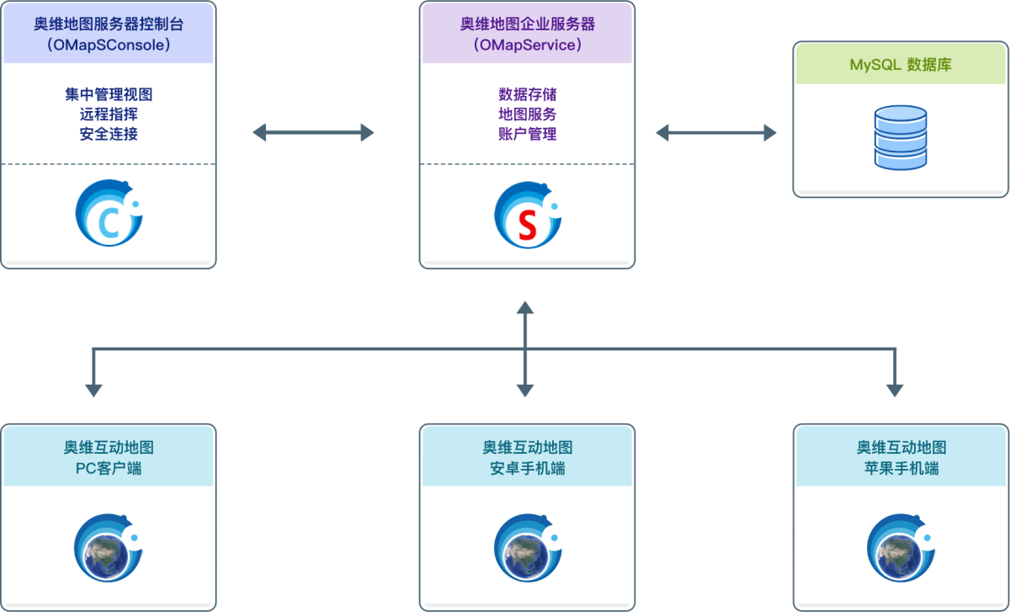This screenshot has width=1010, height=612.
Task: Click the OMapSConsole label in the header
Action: click(x=108, y=45)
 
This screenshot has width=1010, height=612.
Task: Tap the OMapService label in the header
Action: click(x=527, y=45)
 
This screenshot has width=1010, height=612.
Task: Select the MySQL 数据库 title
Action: click(x=901, y=65)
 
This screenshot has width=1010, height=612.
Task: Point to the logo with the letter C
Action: click(x=109, y=216)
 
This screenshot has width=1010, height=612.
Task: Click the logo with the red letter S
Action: click(x=527, y=216)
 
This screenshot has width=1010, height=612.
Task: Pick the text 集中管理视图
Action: click(x=108, y=94)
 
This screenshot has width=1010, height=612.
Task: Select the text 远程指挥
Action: click(x=108, y=114)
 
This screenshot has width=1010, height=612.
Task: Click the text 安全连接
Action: click(x=108, y=134)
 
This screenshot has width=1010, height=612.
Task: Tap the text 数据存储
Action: click(x=527, y=94)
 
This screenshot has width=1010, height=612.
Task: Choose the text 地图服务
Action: click(x=527, y=114)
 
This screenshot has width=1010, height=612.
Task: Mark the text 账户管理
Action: click(x=527, y=134)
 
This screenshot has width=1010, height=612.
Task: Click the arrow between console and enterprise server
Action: click(x=313, y=132)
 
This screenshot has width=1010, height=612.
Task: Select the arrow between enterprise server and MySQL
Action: click(x=716, y=132)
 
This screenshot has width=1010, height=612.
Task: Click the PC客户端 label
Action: click(x=108, y=468)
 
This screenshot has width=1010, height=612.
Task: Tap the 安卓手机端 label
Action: click(x=527, y=468)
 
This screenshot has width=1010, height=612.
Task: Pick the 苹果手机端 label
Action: click(x=901, y=468)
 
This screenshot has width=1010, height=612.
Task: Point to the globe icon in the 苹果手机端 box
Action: click(x=899, y=547)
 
